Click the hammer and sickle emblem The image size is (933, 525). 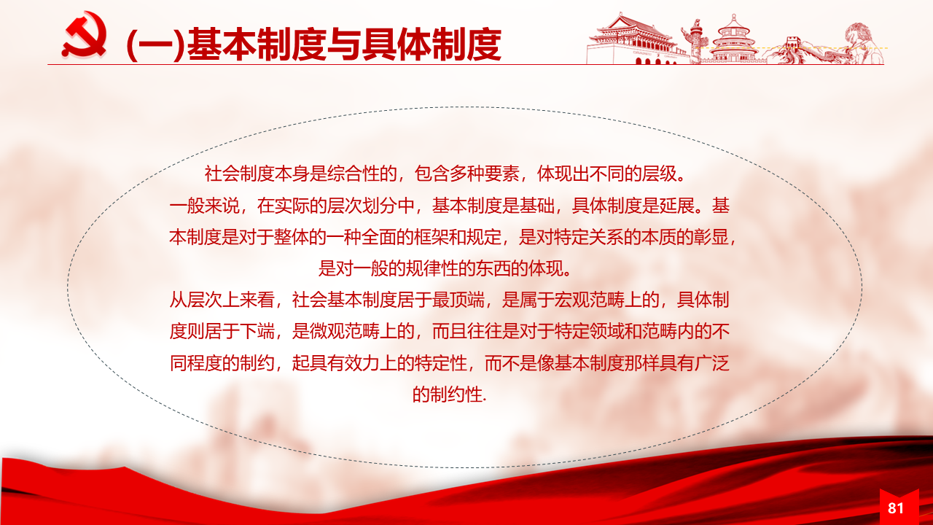pyautogui.click(x=84, y=34)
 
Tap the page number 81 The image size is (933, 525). pyautogui.click(x=896, y=508)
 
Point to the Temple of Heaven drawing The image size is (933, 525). pyautogui.click(x=734, y=39)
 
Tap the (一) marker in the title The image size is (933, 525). pyautogui.click(x=155, y=45)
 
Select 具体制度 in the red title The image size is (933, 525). pyautogui.click(x=431, y=45)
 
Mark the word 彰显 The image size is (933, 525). pyautogui.click(x=711, y=237)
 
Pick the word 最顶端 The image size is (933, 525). pyautogui.click(x=458, y=300)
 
